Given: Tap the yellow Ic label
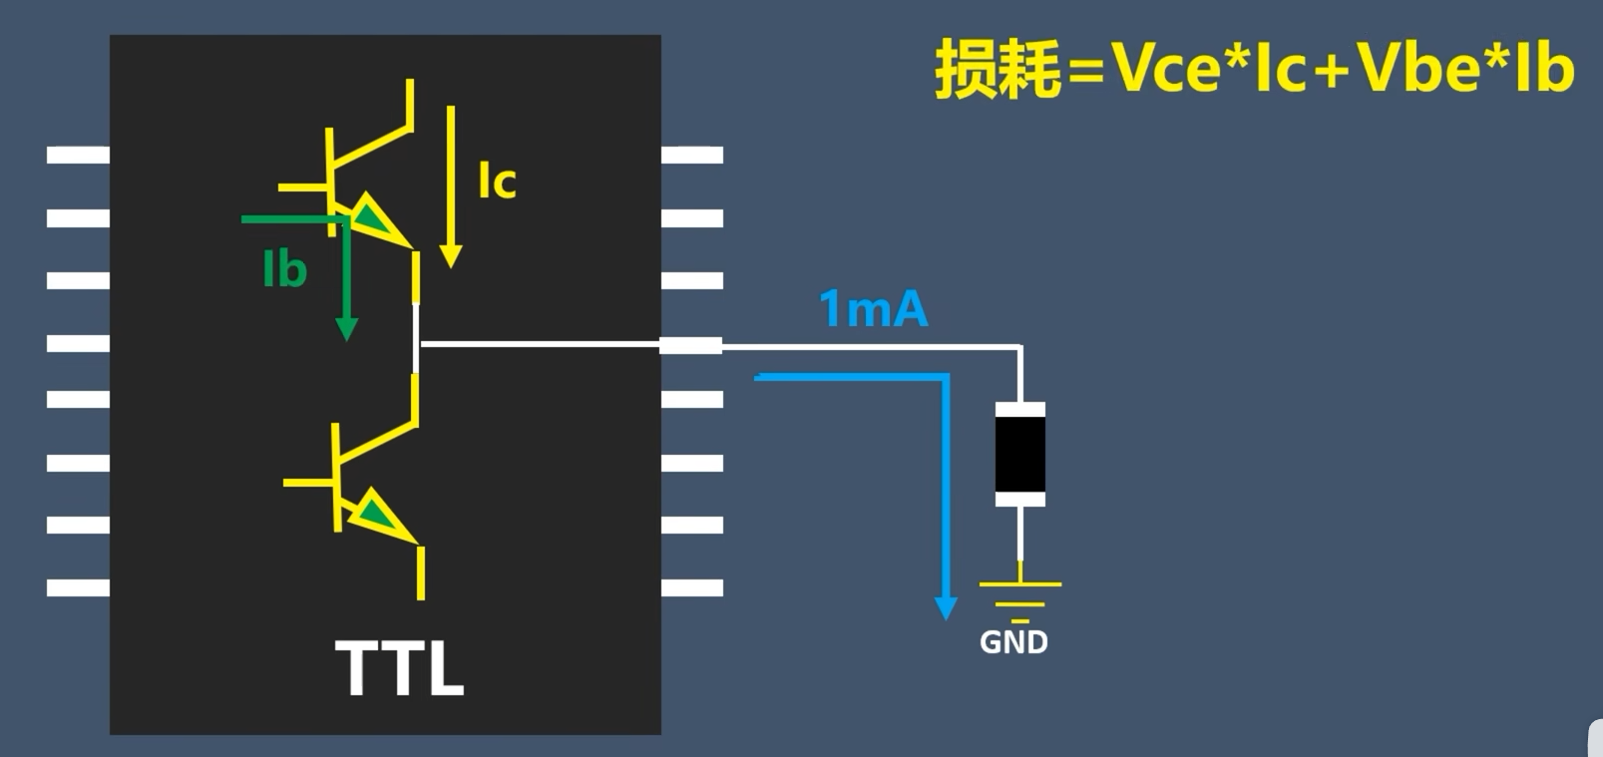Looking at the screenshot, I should click(497, 181).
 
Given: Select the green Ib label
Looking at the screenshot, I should click(284, 269).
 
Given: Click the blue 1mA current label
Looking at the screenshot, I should click(873, 309).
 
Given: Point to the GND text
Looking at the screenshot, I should click(1013, 642).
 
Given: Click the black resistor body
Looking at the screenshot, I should click(1019, 455).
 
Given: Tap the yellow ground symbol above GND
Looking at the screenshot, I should click(1019, 593).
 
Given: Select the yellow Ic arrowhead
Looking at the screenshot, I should click(451, 255).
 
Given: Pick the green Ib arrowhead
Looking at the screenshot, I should click(346, 328).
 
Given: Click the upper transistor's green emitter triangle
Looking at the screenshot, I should click(369, 216).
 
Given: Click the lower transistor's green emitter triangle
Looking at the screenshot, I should click(375, 513).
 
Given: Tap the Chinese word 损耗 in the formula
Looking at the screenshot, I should click(997, 70).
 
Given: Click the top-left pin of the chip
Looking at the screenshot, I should click(78, 155).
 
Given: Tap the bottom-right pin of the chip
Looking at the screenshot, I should click(692, 587).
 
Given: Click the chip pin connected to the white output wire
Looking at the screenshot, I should click(691, 345).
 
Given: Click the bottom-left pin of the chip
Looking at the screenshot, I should click(78, 587).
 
